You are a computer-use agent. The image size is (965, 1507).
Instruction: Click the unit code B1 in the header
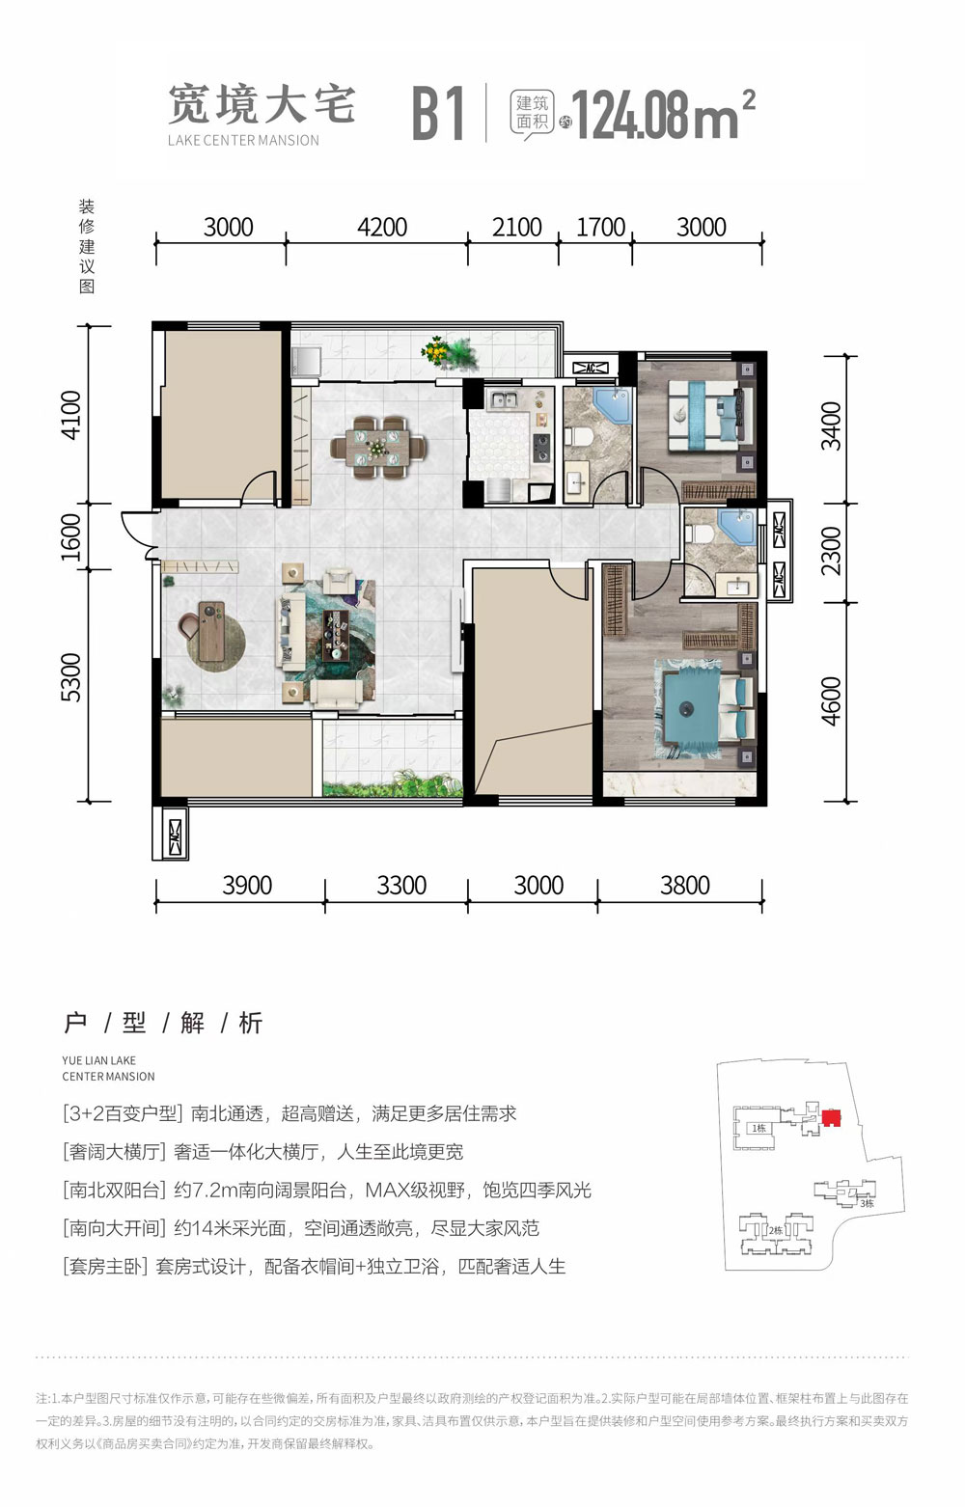[x=439, y=114]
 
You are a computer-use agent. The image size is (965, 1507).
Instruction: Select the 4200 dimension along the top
[x=382, y=228]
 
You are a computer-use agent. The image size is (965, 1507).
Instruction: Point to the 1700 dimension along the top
[x=600, y=228]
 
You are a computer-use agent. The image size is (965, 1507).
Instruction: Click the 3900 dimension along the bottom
[x=247, y=886]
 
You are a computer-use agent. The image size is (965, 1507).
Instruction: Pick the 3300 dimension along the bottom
[x=401, y=886]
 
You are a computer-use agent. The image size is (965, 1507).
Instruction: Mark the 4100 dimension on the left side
[x=72, y=415]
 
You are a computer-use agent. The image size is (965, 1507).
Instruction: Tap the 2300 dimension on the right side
[x=831, y=551]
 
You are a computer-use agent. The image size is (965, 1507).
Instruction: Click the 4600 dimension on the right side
[x=831, y=700]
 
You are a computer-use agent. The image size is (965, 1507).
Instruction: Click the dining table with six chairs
[x=378, y=447]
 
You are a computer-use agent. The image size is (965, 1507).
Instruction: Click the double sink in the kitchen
[x=504, y=399]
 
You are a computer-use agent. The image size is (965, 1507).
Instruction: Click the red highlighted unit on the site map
[x=831, y=1118]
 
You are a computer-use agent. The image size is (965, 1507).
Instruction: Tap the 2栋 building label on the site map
[x=775, y=1230]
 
